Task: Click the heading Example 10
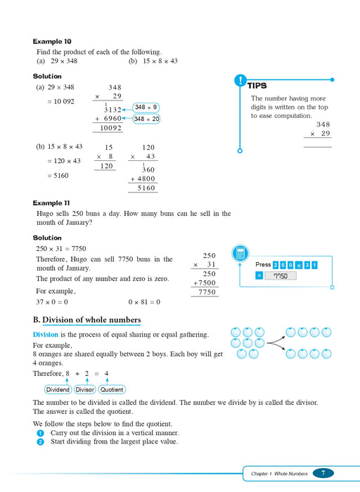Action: pyautogui.click(x=52, y=41)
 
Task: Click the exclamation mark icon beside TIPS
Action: pyautogui.click(x=240, y=80)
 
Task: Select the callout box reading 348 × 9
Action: pyautogui.click(x=146, y=108)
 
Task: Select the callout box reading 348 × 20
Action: pyautogui.click(x=148, y=119)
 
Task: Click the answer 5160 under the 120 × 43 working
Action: pyautogui.click(x=146, y=188)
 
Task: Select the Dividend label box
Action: pyautogui.click(x=58, y=389)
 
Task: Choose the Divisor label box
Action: pyautogui.click(x=84, y=389)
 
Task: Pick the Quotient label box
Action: pyautogui.click(x=112, y=389)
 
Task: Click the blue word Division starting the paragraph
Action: pyautogui.click(x=46, y=335)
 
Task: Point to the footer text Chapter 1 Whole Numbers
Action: pyautogui.click(x=279, y=474)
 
